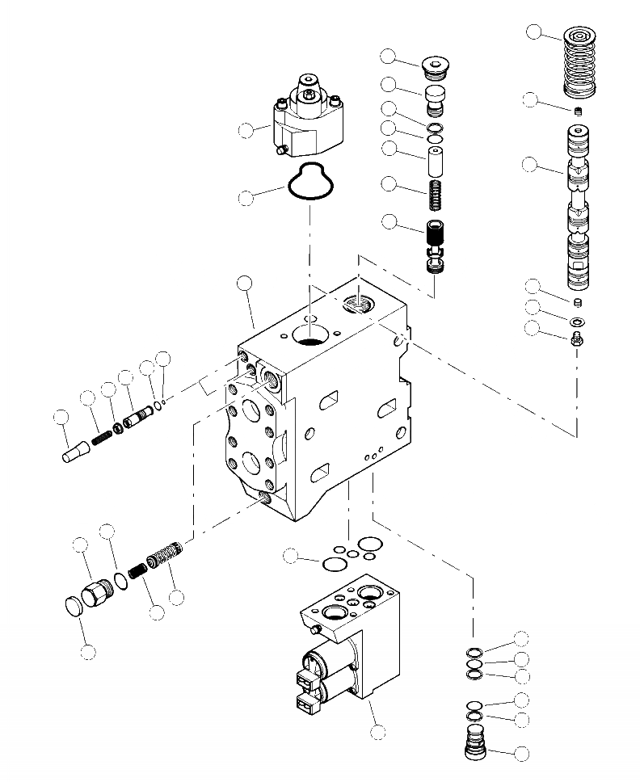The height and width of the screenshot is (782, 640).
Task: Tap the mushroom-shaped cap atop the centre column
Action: tap(436, 65)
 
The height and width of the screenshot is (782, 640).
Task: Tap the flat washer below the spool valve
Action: tap(577, 323)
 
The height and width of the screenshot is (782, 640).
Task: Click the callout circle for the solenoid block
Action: tap(377, 733)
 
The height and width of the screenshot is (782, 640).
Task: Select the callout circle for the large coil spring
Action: tap(534, 32)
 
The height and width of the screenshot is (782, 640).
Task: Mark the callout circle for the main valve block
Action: tap(245, 283)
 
